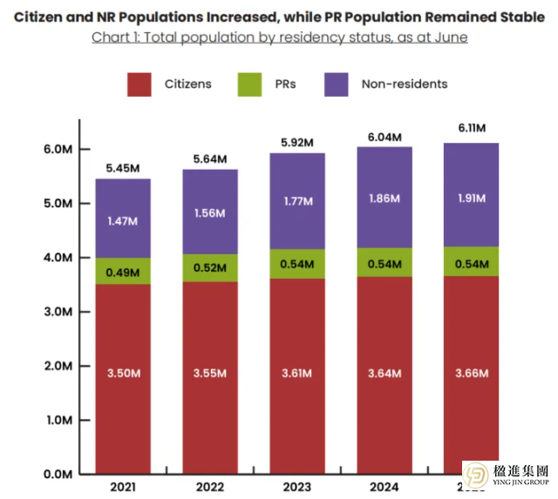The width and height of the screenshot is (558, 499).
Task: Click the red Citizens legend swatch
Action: click(x=139, y=84)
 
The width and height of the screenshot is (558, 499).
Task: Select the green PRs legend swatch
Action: click(x=249, y=84)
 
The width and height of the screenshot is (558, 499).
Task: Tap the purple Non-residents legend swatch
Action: click(x=336, y=84)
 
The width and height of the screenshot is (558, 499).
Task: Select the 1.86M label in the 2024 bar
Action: click(x=384, y=199)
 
